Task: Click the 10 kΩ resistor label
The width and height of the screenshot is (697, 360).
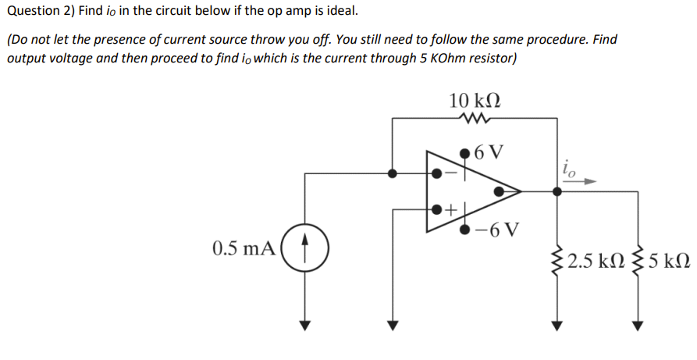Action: pyautogui.click(x=475, y=102)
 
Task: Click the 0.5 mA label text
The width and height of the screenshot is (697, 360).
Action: pyautogui.click(x=244, y=249)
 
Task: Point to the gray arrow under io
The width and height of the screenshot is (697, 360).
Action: pyautogui.click(x=578, y=180)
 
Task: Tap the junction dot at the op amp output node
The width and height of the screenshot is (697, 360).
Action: pyautogui.click(x=556, y=190)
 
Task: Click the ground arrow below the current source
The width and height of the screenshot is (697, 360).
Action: pyautogui.click(x=305, y=323)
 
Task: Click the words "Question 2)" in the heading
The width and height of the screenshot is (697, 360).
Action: pyautogui.click(x=40, y=12)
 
